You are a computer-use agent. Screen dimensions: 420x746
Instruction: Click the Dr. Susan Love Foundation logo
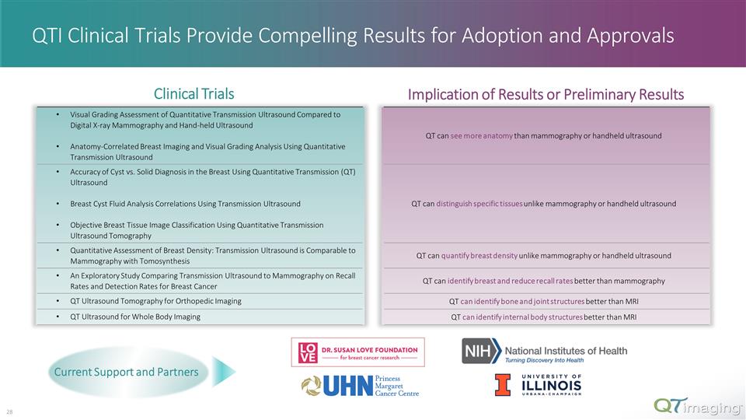click(x=357, y=352)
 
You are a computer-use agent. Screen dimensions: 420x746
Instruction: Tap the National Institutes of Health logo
click(x=544, y=352)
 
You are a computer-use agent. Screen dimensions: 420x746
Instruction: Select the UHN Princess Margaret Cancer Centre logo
click(x=360, y=385)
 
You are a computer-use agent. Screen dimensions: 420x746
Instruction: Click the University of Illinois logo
click(x=538, y=385)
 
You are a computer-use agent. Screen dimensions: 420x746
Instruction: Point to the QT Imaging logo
click(x=696, y=405)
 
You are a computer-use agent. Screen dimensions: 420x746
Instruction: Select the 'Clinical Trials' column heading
click(x=193, y=94)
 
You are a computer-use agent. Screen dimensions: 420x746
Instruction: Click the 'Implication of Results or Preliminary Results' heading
click(x=546, y=94)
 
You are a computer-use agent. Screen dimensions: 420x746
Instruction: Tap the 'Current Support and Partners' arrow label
click(x=126, y=372)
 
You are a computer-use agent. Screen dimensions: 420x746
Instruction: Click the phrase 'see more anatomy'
click(x=481, y=136)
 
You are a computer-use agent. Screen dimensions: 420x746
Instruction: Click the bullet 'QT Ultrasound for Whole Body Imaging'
click(x=135, y=317)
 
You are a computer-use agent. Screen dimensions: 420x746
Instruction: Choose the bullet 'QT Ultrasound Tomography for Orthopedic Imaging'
click(x=155, y=301)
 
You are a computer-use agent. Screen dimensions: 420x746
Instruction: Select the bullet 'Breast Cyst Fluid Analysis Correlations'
click(x=185, y=204)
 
